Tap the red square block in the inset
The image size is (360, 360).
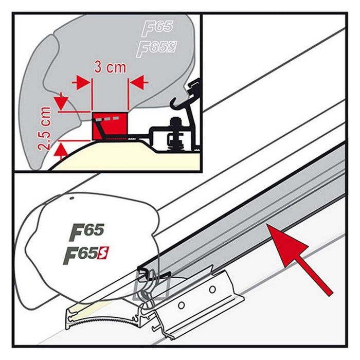point(109,125)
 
